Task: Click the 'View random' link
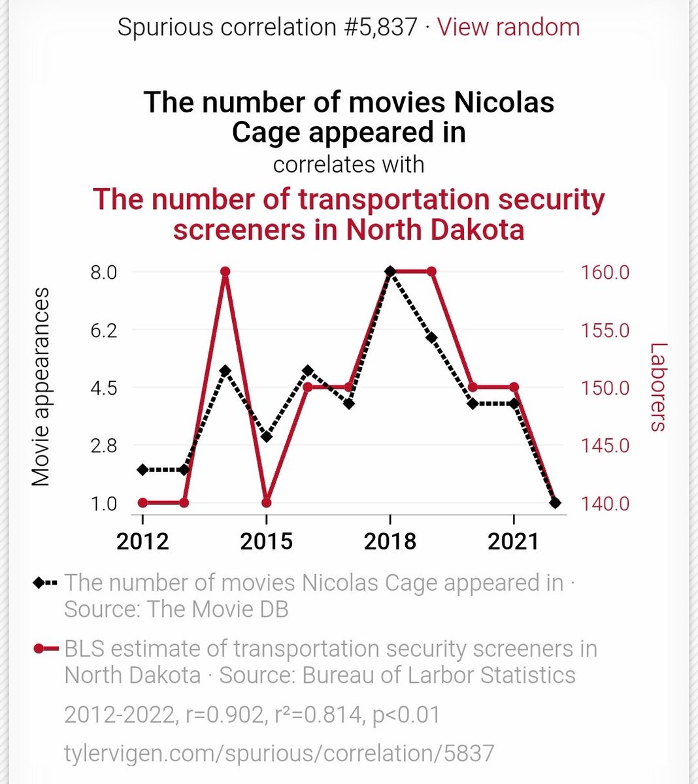(508, 27)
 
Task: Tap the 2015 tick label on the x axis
(266, 542)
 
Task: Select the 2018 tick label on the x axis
(390, 542)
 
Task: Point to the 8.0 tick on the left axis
(103, 272)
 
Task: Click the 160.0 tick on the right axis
(605, 272)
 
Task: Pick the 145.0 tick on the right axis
(605, 446)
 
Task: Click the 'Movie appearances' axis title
(41, 388)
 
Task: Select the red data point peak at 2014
(225, 272)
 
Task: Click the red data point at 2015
(266, 503)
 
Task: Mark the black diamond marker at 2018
(390, 271)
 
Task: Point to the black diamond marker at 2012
(142, 470)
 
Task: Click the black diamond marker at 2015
(266, 436)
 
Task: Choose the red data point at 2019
(431, 272)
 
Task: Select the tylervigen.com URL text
(279, 753)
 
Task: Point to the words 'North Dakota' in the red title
(435, 230)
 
